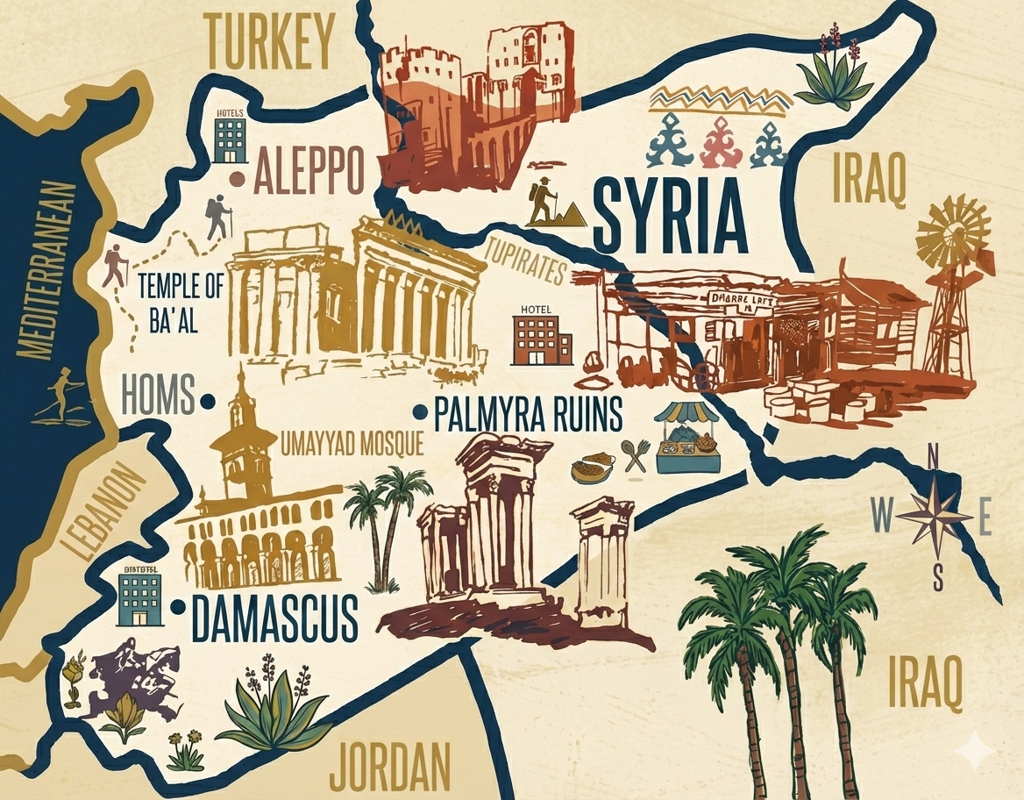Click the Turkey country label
[x=271, y=41]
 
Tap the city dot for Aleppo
[x=237, y=178]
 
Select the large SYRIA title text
[x=670, y=214]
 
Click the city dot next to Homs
[x=208, y=401]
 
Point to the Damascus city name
[x=274, y=618]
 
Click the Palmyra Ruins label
[x=529, y=413]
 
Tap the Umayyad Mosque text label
[x=352, y=445]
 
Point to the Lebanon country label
[x=104, y=512]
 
